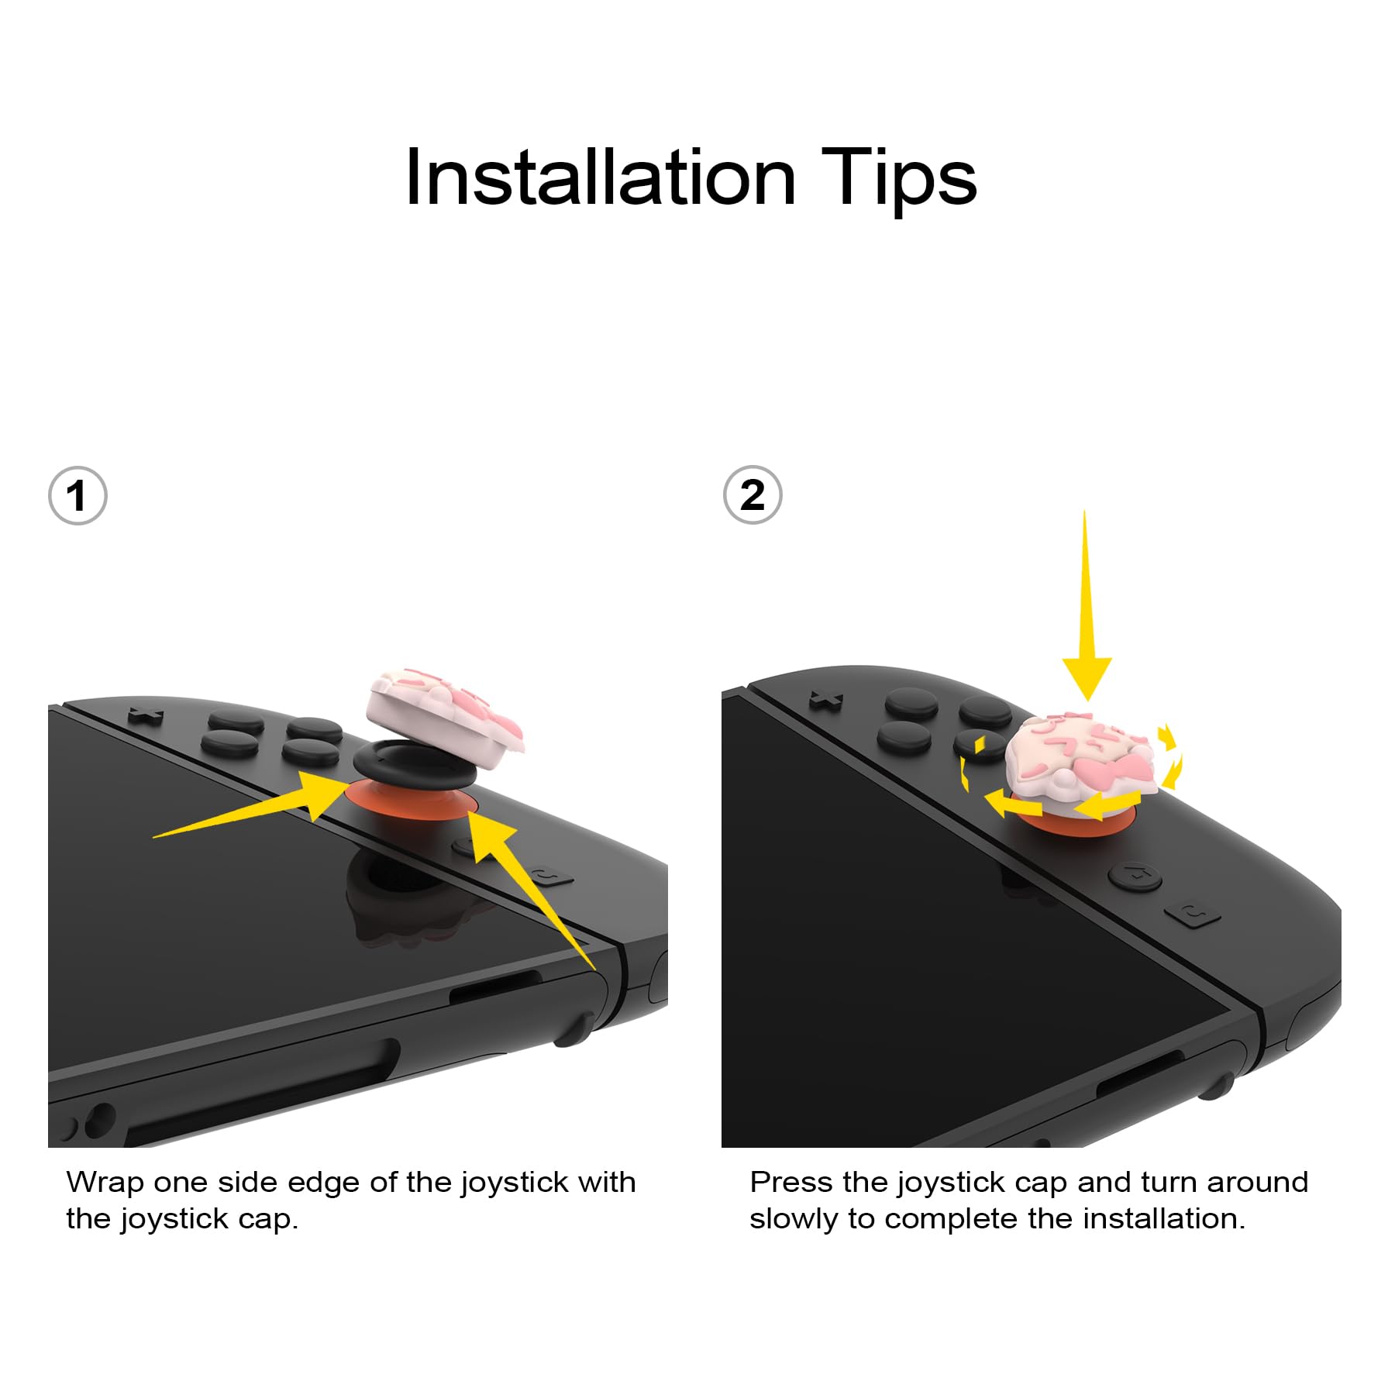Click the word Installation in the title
coord(601,178)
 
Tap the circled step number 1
coord(77,496)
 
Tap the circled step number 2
coord(753,495)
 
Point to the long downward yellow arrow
coord(1086,604)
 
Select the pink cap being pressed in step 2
coord(1083,757)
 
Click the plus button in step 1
coord(145,714)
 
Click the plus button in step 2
coord(825,701)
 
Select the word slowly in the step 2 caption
coord(795,1220)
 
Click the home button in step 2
coord(1135,877)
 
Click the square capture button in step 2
coord(1192,914)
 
